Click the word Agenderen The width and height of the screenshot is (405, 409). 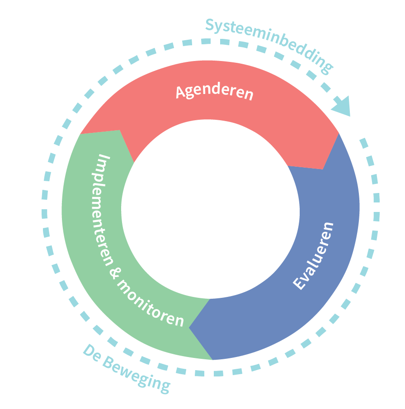[214, 92]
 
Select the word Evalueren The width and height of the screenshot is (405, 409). [314, 255]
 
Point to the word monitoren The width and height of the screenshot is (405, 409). [152, 302]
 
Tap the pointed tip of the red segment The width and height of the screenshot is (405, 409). [323, 168]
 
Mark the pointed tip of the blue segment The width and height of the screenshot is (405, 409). [190, 327]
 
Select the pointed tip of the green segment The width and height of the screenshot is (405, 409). [119, 131]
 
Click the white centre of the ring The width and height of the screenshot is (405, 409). [210, 209]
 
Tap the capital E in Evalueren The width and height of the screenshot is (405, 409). [299, 283]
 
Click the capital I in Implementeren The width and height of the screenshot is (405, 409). [104, 160]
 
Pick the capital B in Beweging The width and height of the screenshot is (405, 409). [108, 359]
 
